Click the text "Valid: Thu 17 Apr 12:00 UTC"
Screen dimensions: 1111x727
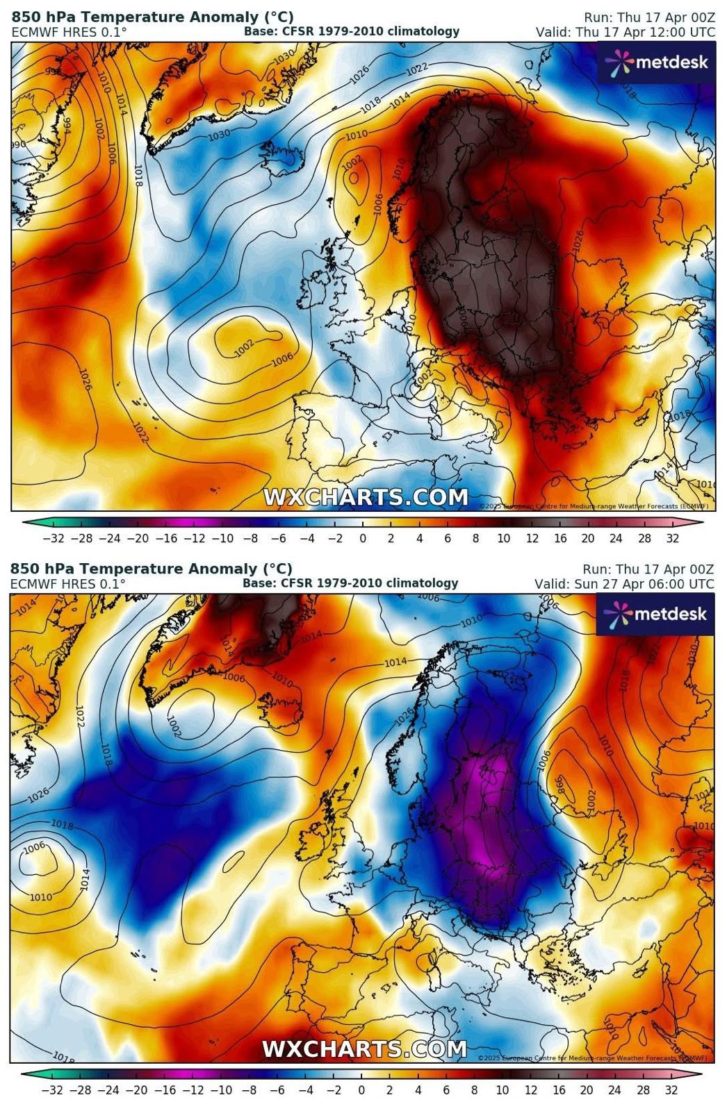[625, 32]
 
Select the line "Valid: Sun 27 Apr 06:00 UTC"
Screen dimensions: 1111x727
[623, 584]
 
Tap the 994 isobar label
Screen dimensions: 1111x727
[67, 124]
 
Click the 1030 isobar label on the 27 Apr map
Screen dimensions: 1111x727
[692, 653]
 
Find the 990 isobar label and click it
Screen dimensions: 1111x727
[18, 144]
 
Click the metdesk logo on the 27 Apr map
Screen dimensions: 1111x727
[655, 615]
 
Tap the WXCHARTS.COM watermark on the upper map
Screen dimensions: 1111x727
[365, 497]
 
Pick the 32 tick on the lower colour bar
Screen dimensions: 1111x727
[671, 1090]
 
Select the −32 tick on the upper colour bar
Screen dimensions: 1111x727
[54, 538]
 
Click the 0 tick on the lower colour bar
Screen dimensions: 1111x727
[361, 1090]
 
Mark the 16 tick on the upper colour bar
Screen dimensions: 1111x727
[560, 538]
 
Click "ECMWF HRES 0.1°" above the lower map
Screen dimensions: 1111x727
[67, 584]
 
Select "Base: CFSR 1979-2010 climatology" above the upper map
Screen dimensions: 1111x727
[351, 31]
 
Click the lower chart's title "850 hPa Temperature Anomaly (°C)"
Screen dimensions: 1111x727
[151, 569]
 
